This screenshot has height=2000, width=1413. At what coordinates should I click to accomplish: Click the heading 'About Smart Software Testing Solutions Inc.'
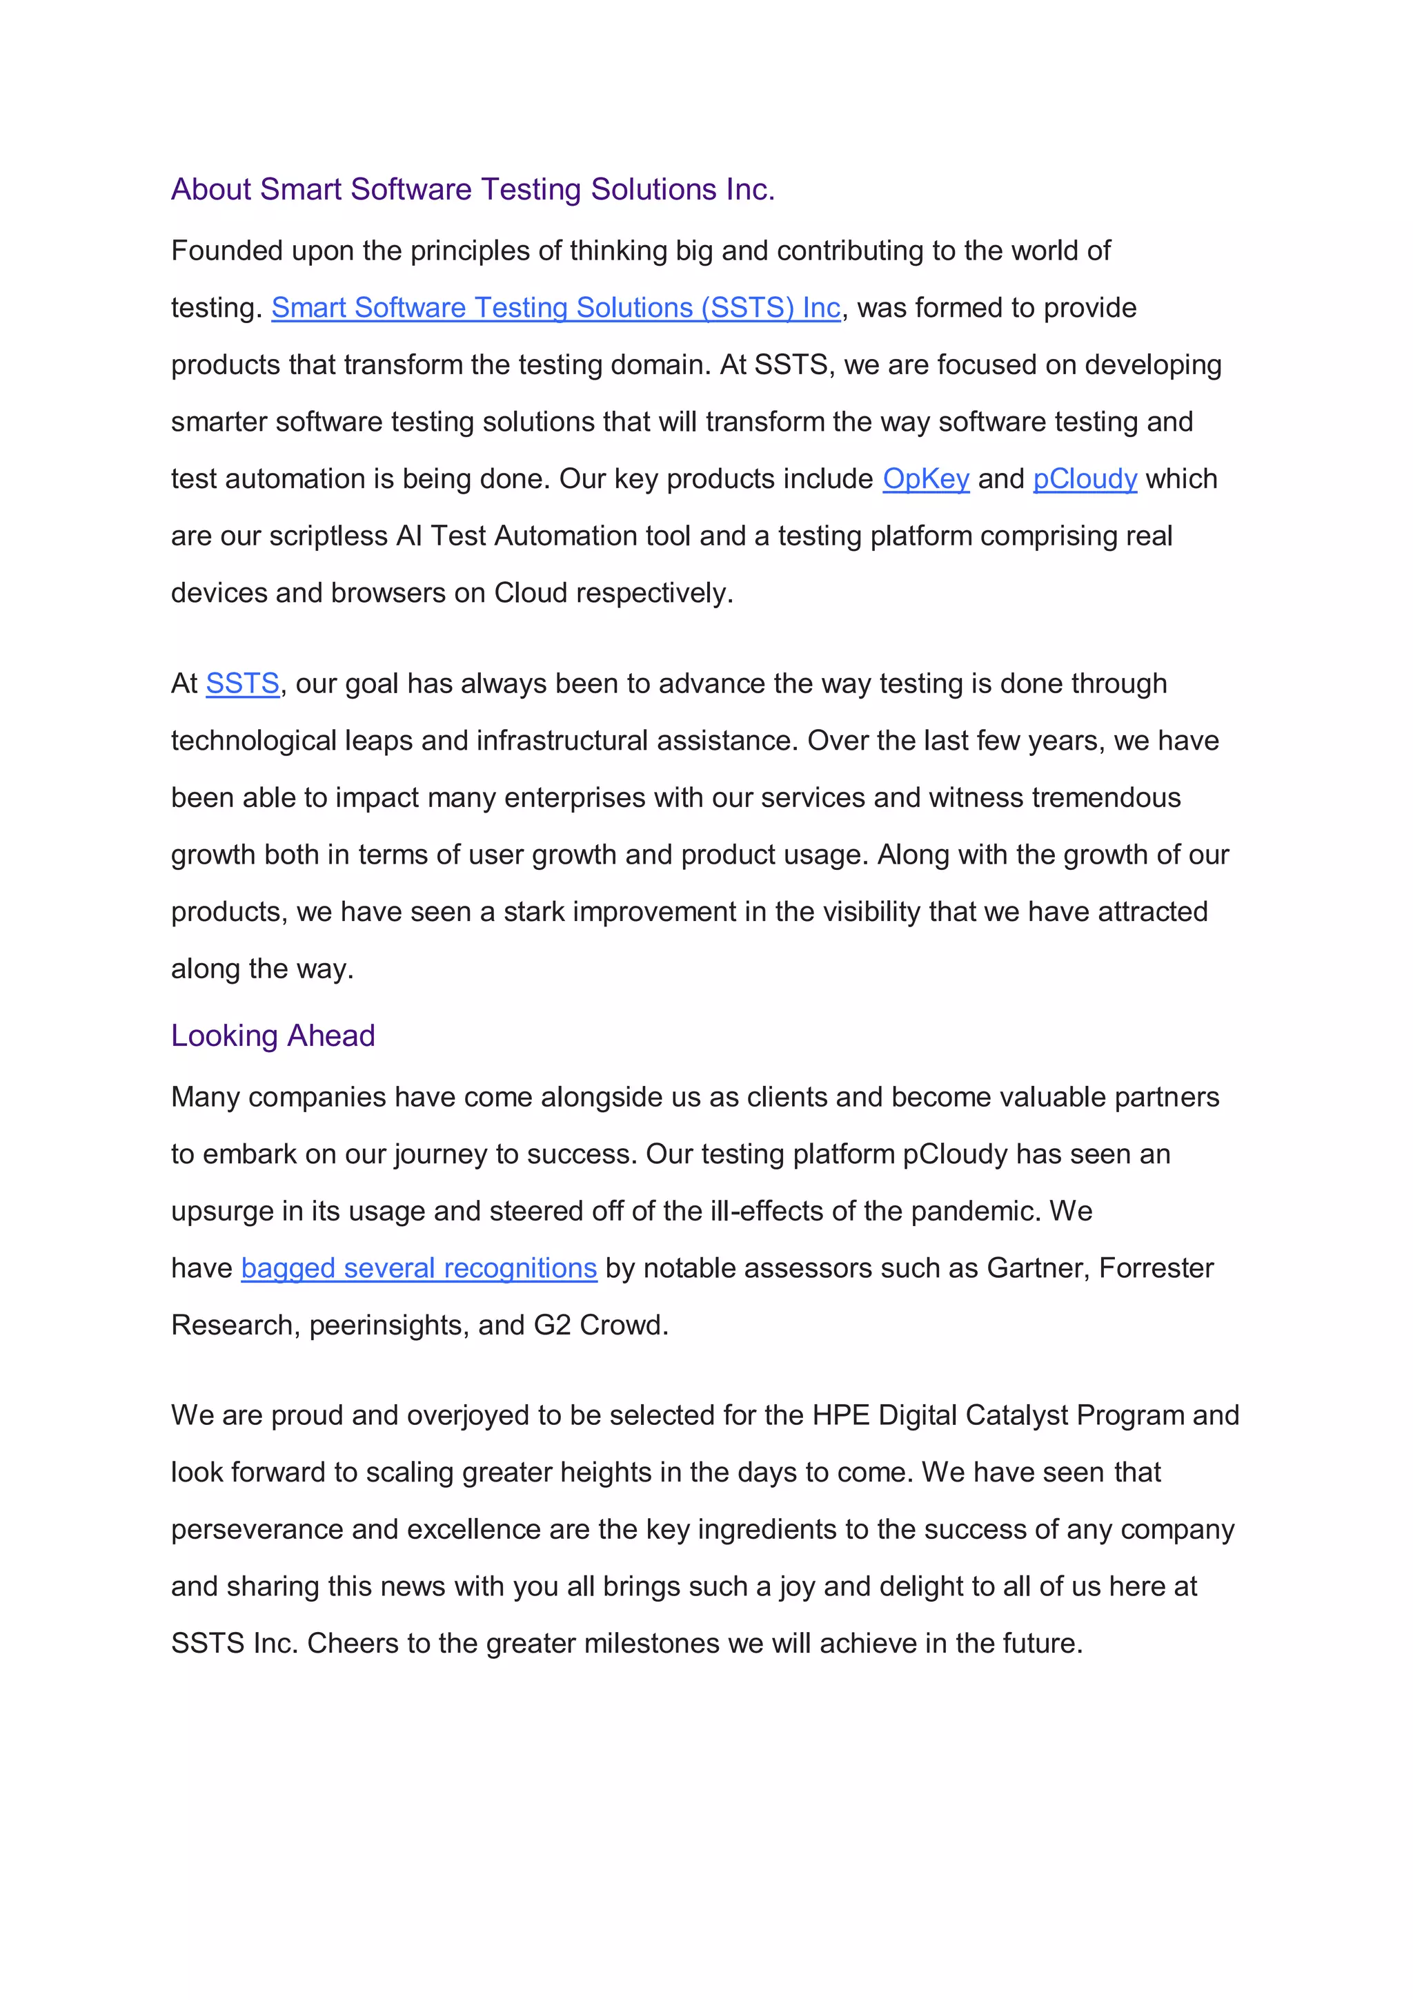473,189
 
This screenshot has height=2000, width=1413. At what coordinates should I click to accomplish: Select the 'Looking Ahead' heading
273,1035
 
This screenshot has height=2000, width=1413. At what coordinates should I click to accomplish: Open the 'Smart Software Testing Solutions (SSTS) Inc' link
555,307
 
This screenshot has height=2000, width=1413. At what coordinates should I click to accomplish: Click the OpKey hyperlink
925,478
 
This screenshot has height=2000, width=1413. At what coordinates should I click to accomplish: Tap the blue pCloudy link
1085,478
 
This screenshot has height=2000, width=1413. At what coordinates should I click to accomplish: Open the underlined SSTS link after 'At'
242,683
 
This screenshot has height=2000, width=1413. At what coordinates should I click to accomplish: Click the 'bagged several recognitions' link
419,1268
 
